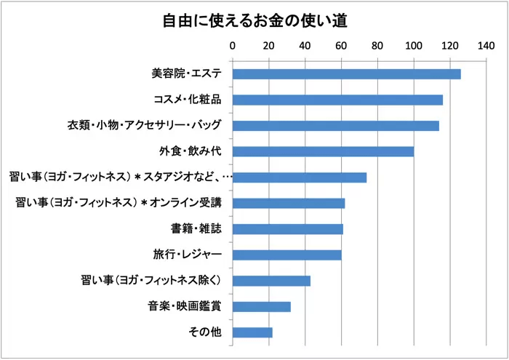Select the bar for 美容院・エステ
point(347,74)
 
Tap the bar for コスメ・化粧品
point(337,100)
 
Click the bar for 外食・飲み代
point(323,151)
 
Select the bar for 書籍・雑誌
point(287,229)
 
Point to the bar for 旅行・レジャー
point(286,255)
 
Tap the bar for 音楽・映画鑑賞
point(261,306)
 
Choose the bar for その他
point(252,332)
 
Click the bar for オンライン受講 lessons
point(289,203)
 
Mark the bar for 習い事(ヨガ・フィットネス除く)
point(271,281)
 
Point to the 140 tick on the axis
point(486,46)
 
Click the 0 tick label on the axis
point(233,46)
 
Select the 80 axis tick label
point(377,46)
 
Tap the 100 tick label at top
point(414,46)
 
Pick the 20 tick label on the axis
point(269,46)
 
